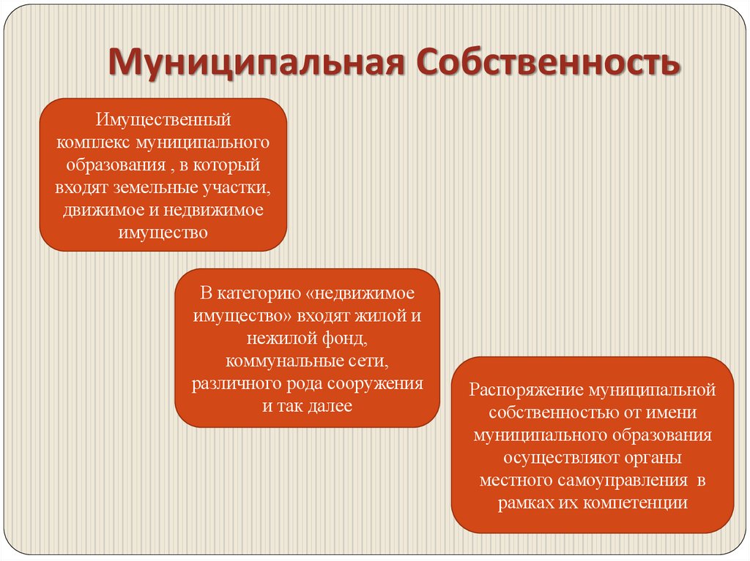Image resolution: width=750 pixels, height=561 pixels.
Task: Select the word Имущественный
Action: [163, 118]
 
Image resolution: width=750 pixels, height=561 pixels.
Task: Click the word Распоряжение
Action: [521, 389]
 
